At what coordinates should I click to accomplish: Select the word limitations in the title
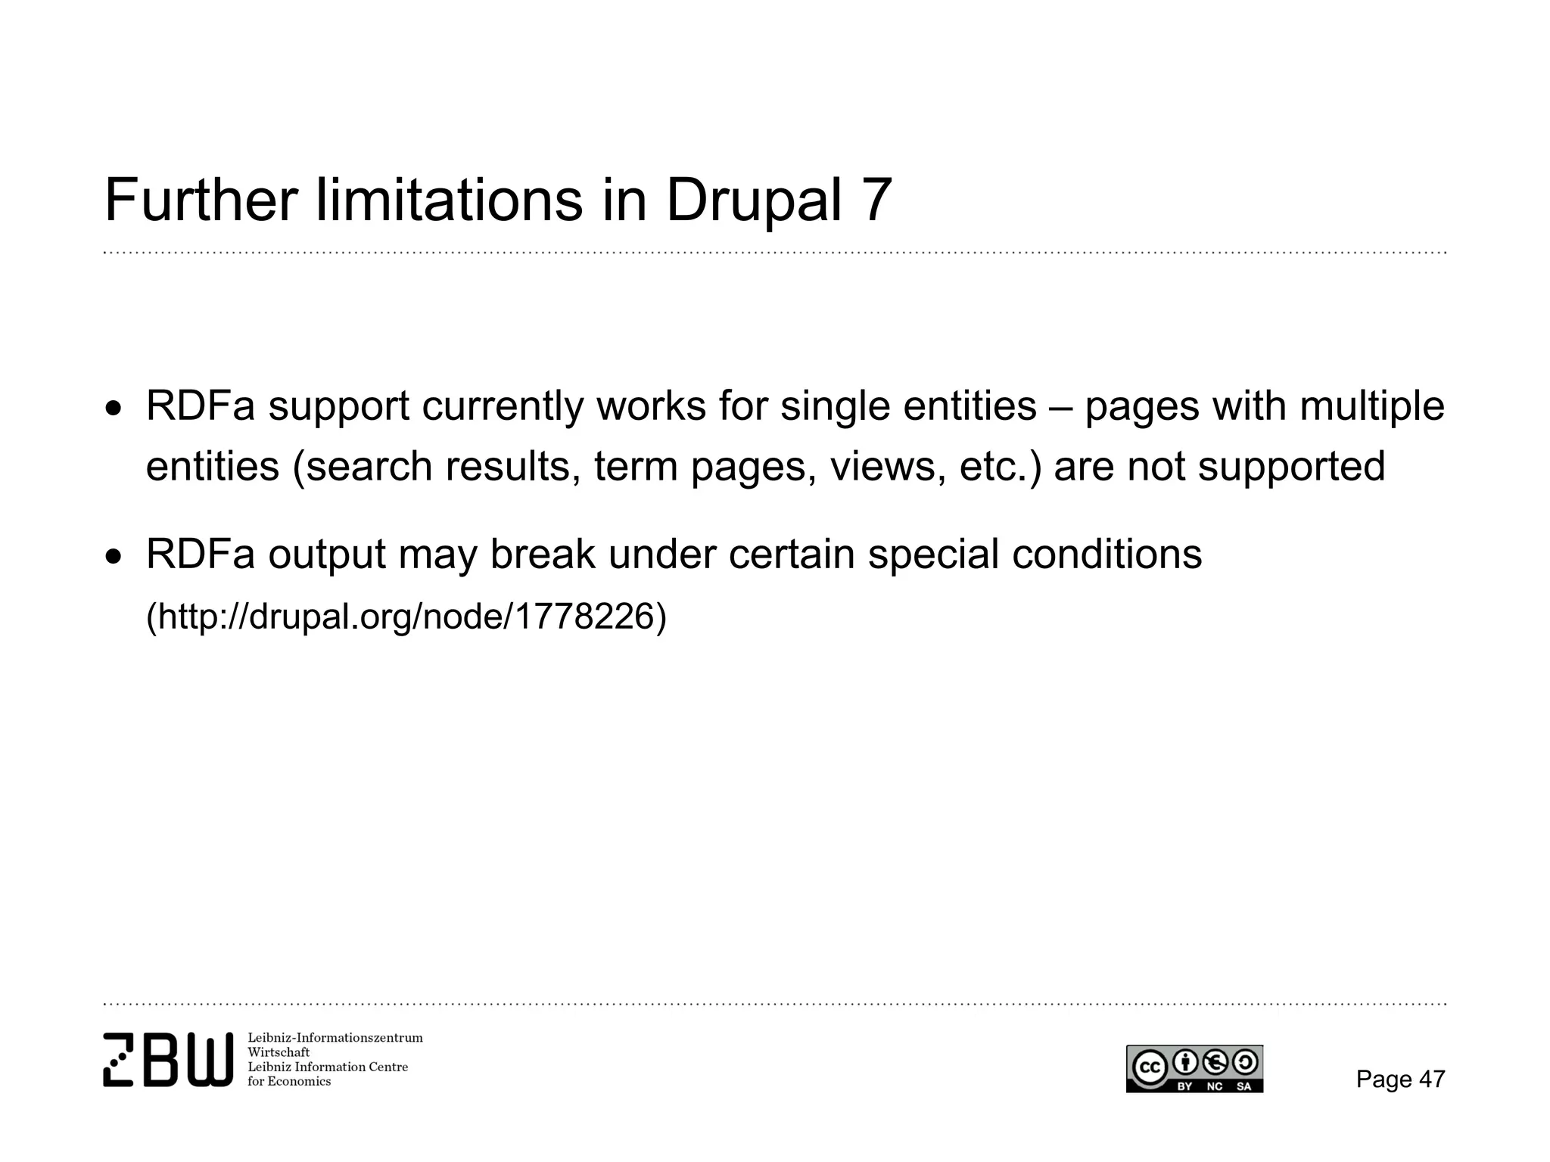449,200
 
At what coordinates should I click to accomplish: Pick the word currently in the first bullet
503,407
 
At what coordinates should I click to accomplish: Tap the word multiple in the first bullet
1371,407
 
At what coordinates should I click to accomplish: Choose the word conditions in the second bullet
1106,555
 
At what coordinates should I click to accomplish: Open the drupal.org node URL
406,617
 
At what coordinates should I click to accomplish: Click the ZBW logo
167,1059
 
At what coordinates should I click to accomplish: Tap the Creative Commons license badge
1194,1068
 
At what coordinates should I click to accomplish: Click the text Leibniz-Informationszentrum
335,1038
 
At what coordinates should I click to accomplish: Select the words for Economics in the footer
289,1082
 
